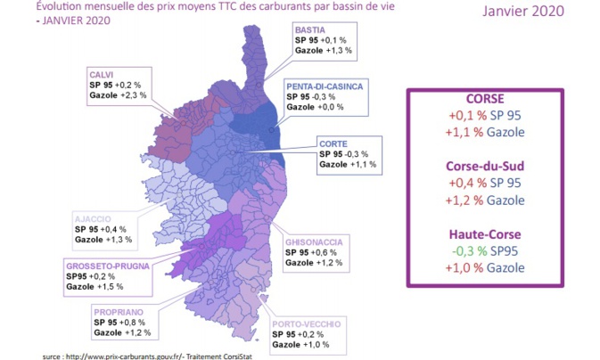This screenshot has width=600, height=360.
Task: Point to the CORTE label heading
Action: coord(334,143)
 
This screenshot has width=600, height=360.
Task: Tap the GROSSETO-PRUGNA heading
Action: coord(104,266)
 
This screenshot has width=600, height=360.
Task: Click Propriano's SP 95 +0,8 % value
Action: coord(123,322)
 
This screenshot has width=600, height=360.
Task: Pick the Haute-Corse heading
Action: coord(485,235)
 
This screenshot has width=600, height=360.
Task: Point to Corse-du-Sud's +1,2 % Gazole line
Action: coord(485,201)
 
